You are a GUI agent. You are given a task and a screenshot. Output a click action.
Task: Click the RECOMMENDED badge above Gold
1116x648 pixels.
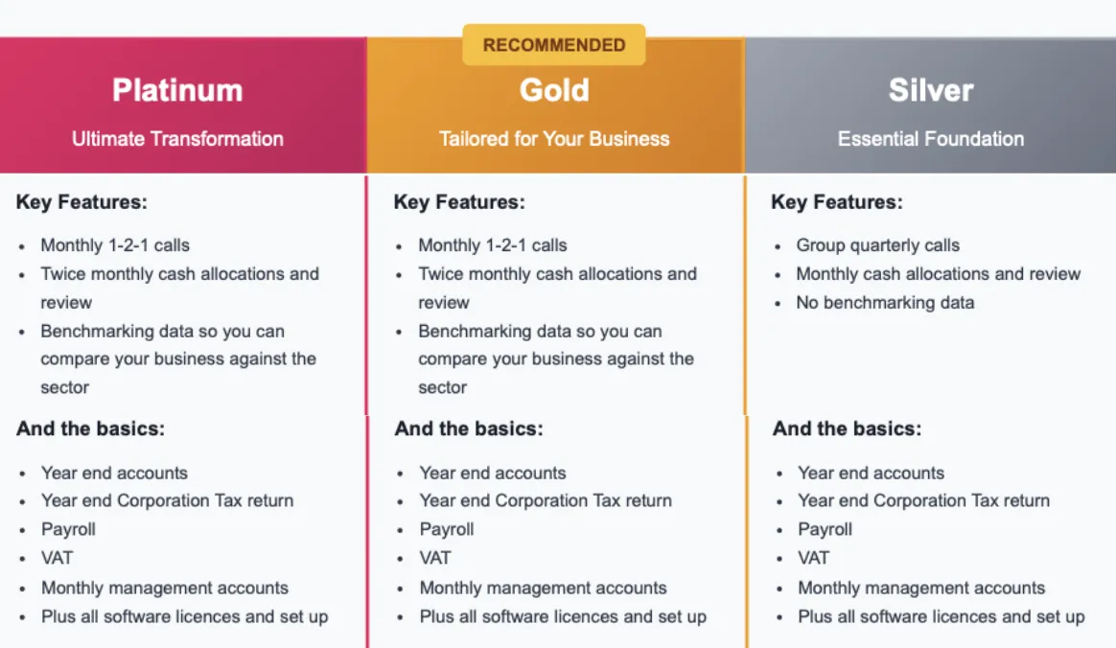tap(554, 45)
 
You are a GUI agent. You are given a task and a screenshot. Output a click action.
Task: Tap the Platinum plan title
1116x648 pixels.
tap(177, 90)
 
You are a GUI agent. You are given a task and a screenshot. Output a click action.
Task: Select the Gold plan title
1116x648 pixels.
tap(554, 90)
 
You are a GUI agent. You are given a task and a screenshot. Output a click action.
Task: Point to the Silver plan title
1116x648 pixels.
tap(930, 90)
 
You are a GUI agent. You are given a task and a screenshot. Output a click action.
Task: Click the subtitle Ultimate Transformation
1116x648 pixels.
tap(177, 139)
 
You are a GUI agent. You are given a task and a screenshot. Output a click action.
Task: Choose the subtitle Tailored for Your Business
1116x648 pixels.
tap(554, 139)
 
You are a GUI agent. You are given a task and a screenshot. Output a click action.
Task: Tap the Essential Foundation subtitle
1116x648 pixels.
tap(931, 139)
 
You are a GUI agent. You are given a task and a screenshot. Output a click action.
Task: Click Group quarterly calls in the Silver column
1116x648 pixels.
tap(877, 245)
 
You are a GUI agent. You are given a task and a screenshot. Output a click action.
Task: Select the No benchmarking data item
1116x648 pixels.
tap(885, 303)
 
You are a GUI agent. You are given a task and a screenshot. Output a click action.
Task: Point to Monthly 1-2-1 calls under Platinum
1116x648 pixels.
tap(115, 245)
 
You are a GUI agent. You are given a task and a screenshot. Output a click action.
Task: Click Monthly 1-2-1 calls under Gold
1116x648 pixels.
tap(493, 245)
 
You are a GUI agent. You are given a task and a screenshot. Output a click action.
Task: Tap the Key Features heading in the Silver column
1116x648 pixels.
tap(837, 202)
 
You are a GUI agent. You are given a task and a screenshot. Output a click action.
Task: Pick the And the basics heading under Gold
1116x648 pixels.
tap(469, 428)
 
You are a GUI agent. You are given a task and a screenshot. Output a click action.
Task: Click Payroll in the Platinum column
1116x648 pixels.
tap(68, 530)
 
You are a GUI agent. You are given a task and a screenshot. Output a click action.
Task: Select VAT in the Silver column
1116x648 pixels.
tap(814, 559)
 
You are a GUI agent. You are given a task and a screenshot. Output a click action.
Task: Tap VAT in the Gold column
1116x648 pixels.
tap(435, 559)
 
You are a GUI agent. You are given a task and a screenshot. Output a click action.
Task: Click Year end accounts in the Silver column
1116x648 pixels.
tap(872, 473)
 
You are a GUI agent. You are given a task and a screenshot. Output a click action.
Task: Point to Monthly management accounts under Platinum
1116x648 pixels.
tap(165, 589)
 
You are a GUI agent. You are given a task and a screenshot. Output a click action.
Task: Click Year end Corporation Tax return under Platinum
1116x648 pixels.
tap(167, 500)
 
